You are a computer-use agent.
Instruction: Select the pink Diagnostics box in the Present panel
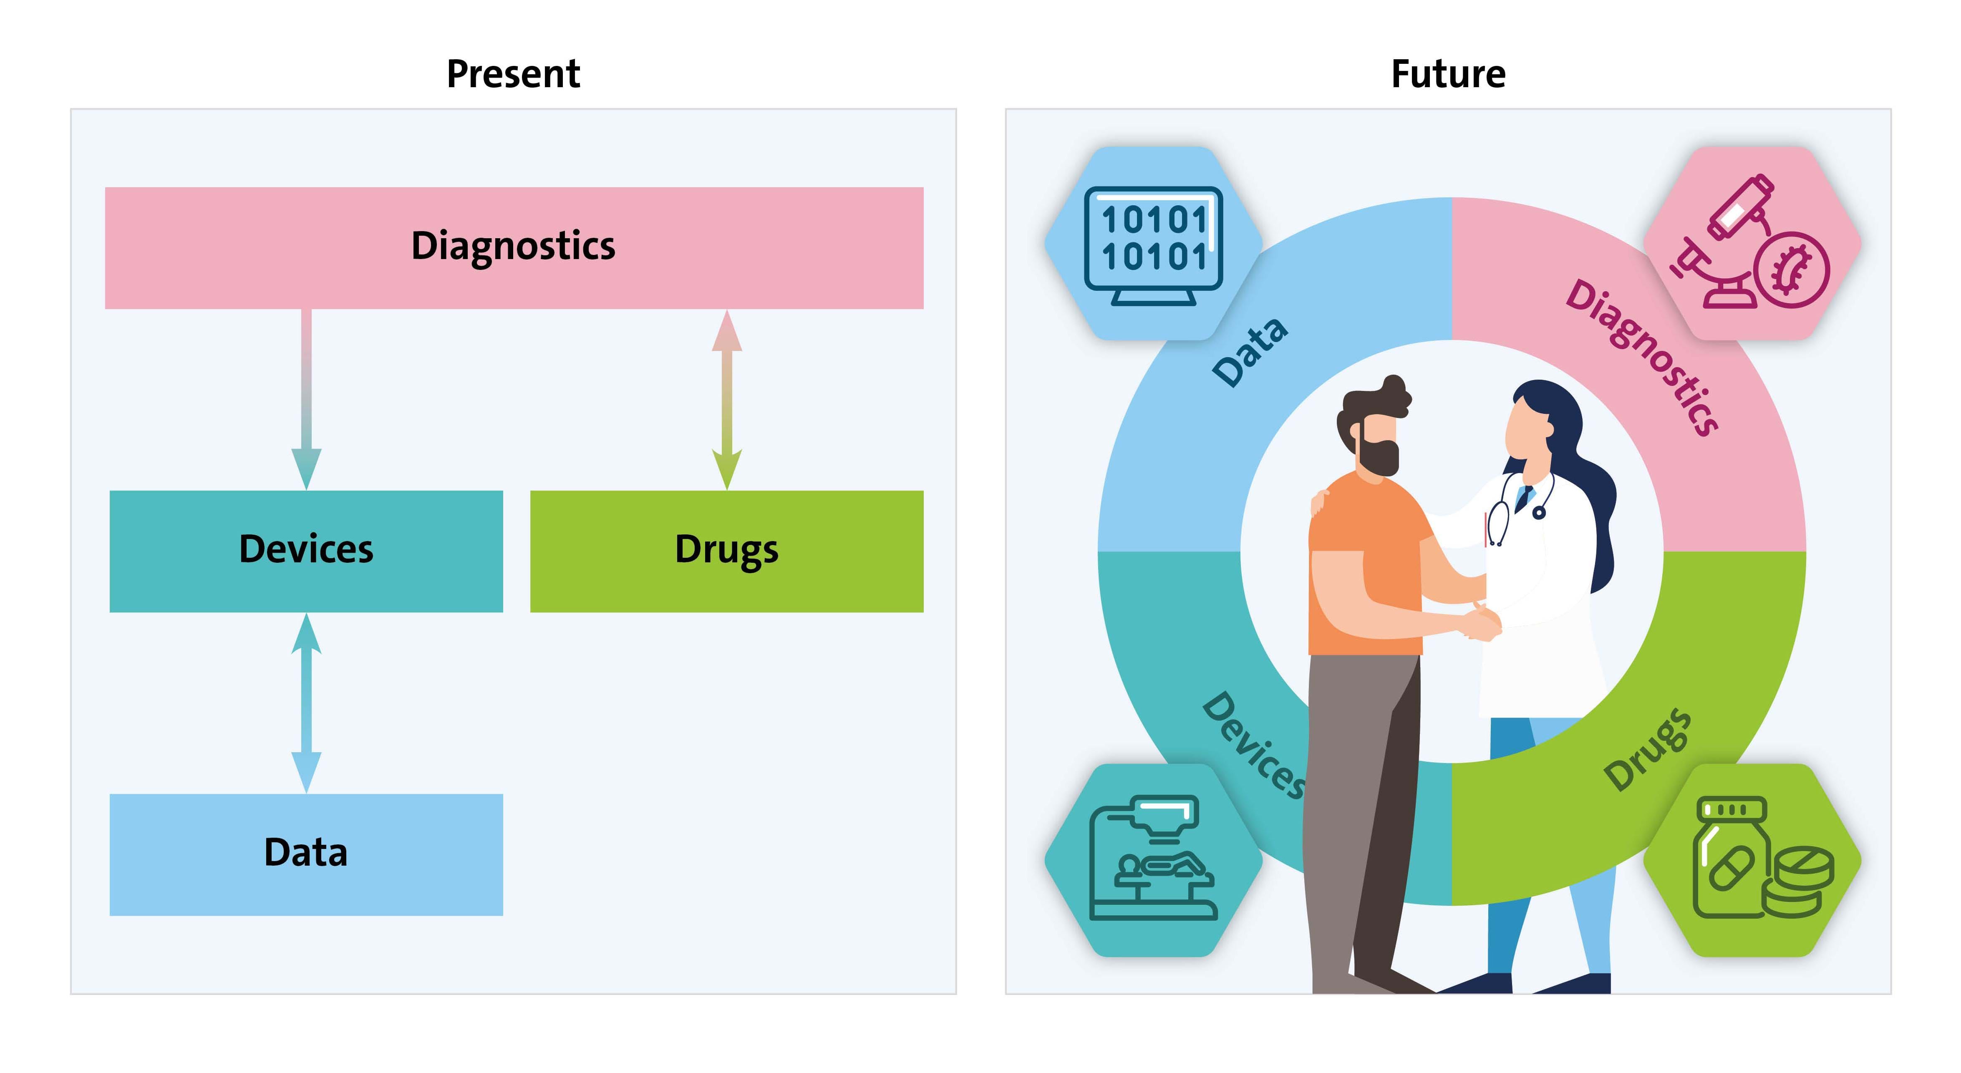[514, 248]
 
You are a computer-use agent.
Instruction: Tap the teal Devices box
[306, 551]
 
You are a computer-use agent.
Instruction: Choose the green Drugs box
[727, 551]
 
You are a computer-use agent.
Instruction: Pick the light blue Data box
[306, 854]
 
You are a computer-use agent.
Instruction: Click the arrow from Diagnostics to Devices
[306, 400]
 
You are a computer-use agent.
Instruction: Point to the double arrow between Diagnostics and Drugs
[727, 400]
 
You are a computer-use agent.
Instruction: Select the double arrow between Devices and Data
[306, 703]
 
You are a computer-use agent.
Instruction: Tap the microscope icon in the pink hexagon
[1750, 242]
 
